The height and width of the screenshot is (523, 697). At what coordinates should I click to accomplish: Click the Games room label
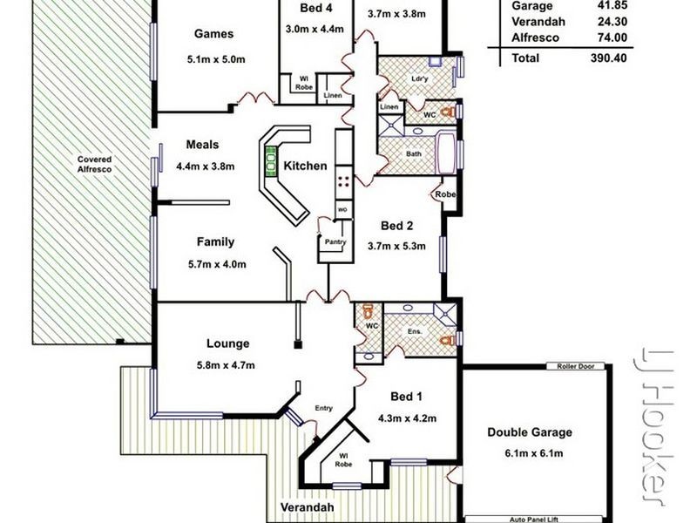point(213,34)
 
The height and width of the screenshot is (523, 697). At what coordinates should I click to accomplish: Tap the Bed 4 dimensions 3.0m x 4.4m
point(315,29)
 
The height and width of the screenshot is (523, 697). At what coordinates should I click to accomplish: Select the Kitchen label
point(306,166)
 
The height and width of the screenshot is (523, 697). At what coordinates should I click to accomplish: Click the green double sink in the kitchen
point(270,160)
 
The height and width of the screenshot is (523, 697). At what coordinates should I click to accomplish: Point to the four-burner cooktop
point(342,181)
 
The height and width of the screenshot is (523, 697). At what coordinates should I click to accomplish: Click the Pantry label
point(335,241)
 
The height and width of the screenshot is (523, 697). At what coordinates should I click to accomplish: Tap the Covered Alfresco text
point(94,164)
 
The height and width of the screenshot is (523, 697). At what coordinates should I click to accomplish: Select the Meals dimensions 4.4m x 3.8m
point(205,166)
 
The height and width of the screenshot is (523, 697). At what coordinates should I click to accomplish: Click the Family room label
point(215,242)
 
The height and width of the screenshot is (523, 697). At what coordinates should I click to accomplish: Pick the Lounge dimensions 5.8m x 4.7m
point(226,365)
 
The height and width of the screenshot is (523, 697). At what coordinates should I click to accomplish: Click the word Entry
point(323,408)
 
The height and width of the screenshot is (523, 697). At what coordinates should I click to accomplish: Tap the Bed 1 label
point(406,397)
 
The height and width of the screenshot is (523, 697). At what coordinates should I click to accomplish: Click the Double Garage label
point(530,432)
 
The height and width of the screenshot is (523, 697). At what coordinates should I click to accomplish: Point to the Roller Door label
point(576,366)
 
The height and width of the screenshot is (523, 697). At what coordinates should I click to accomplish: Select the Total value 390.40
point(608,58)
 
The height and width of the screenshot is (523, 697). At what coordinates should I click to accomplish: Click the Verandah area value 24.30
point(612,22)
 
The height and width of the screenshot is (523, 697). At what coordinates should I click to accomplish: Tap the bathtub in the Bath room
point(446,153)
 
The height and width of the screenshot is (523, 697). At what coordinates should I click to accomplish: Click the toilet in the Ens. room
point(447,341)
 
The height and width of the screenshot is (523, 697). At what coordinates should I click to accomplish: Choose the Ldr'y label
point(420,78)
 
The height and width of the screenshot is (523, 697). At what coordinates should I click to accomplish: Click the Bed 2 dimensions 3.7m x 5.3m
point(396,247)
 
